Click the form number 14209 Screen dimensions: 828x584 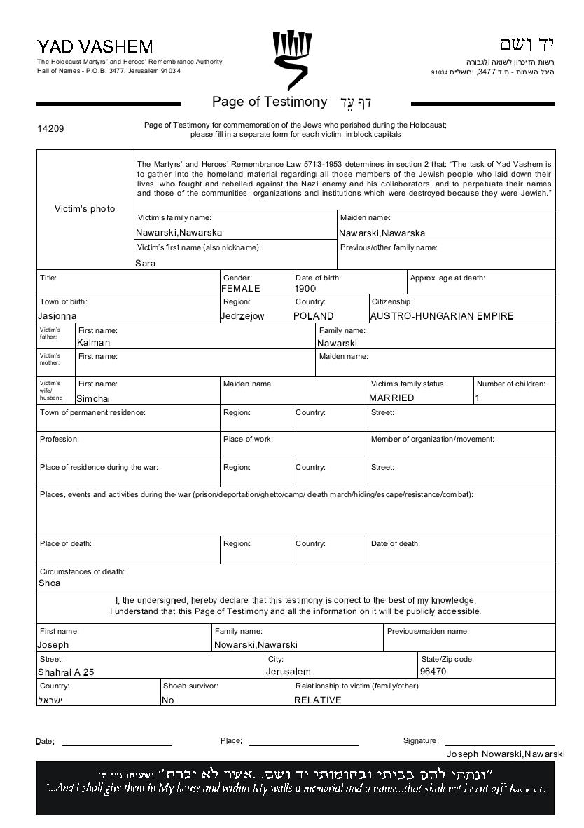click(50, 129)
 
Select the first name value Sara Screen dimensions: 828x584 click(146, 264)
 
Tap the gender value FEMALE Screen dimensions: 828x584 click(241, 288)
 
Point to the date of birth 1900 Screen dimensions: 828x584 click(305, 288)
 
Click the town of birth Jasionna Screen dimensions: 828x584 click(57, 316)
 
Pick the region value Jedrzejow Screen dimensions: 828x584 click(242, 316)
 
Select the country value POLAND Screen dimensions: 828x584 click(314, 316)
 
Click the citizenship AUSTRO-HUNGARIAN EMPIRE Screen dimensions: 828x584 click(442, 316)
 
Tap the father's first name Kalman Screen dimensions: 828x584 click(94, 343)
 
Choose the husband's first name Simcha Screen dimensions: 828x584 click(92, 398)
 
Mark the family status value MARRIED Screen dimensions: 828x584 click(391, 398)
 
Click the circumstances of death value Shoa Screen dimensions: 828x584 click(49, 583)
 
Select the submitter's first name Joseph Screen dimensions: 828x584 click(53, 645)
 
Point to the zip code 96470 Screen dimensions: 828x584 click(433, 672)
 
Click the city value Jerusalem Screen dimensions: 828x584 click(288, 672)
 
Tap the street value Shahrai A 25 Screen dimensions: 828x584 click(66, 672)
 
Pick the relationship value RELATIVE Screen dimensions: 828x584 click(318, 700)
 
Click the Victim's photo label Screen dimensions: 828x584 click(85, 209)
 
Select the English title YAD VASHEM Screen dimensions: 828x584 click(95, 47)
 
